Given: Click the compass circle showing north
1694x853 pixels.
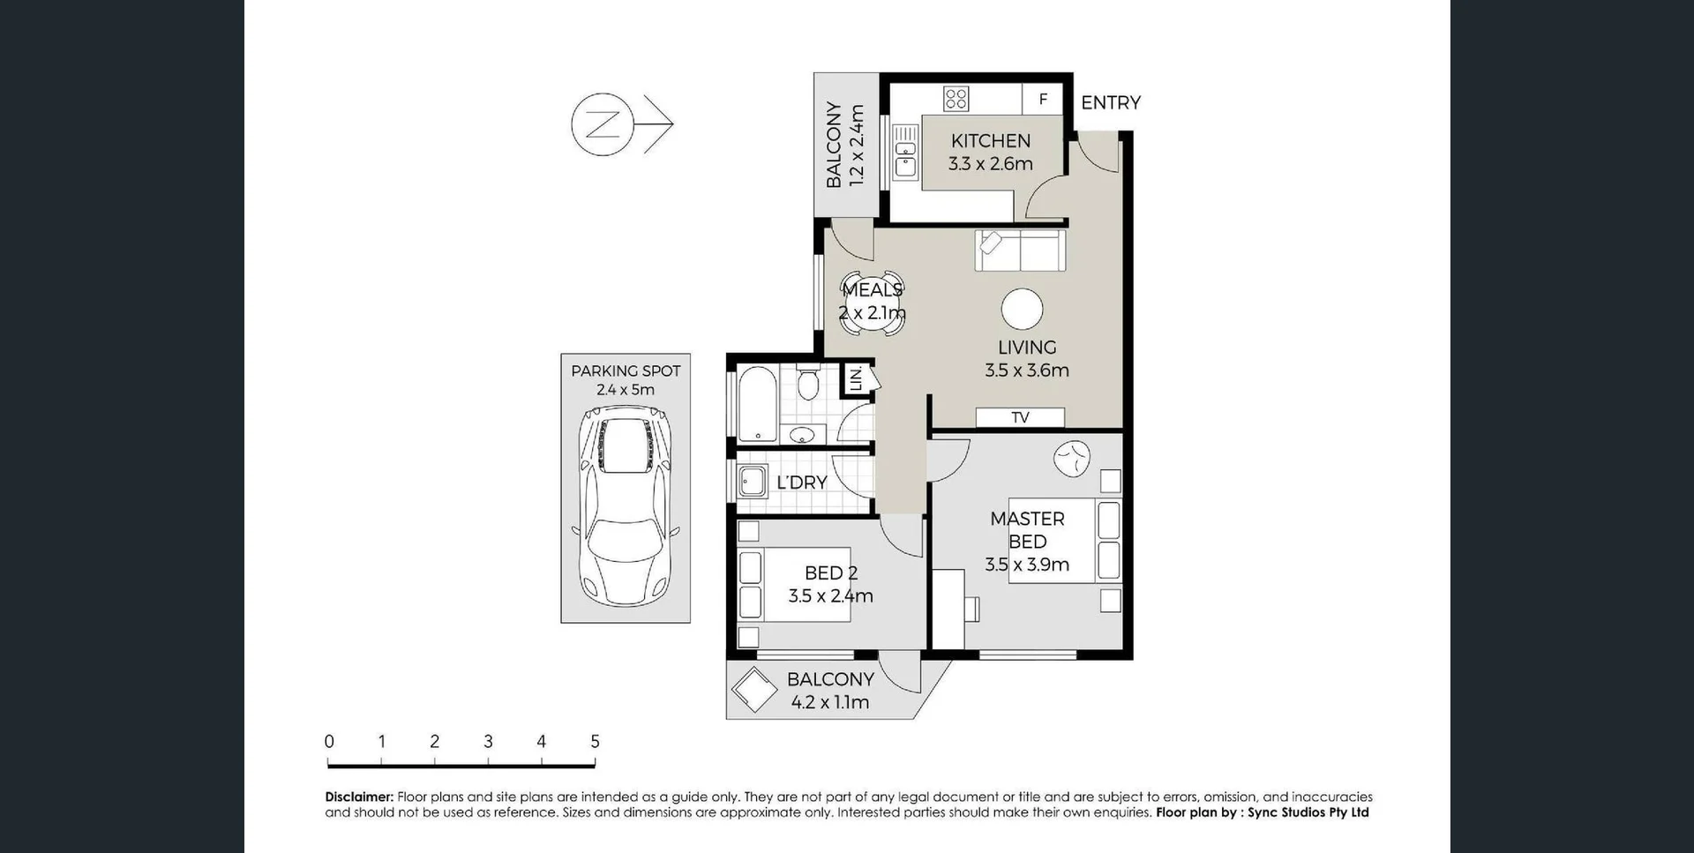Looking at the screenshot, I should (603, 124).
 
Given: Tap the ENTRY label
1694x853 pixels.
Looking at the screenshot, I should (1110, 102).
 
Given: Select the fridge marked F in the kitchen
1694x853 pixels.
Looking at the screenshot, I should (1042, 100).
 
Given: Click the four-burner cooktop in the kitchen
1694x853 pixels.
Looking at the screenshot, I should (956, 98).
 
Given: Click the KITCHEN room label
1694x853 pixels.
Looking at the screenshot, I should (990, 141).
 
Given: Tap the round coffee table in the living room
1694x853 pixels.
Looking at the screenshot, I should (1022, 309).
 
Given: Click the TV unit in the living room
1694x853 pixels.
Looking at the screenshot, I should (1020, 417).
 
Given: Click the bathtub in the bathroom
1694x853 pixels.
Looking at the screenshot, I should (757, 404).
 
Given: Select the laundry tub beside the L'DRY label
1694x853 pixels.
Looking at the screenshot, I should (753, 483).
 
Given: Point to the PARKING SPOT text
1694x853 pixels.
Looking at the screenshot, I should (626, 371).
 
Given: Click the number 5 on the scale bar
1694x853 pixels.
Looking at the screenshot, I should (595, 742).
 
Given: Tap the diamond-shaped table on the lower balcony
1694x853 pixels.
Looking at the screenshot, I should (754, 689).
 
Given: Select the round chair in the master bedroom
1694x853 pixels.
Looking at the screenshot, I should (1072, 458).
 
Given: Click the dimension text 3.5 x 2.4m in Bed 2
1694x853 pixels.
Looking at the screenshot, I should (830, 596).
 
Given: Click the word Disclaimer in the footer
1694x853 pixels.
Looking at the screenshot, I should (358, 797).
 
